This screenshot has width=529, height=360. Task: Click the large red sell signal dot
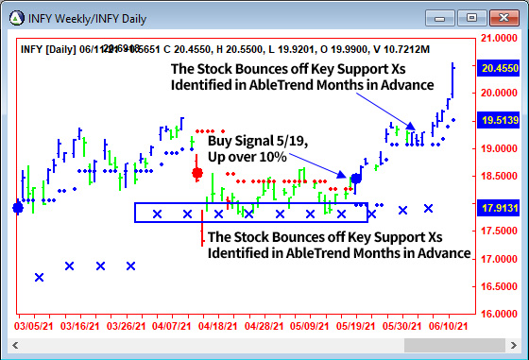click(x=197, y=173)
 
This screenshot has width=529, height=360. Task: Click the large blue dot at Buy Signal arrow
click(x=356, y=178)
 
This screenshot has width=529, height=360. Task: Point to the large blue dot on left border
click(x=18, y=208)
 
